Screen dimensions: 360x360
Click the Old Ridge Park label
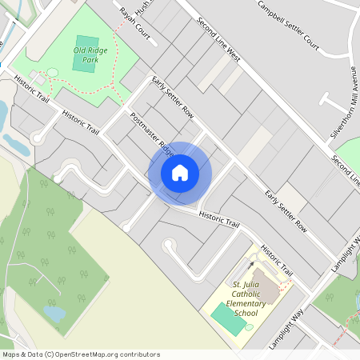click(90, 55)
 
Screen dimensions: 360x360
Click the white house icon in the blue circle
click(180, 172)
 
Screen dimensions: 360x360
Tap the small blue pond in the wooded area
click(54, 314)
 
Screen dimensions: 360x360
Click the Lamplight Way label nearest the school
click(286, 328)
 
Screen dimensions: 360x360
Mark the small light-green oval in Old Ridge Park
click(52, 73)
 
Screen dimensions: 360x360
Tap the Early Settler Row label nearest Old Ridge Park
click(173, 97)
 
